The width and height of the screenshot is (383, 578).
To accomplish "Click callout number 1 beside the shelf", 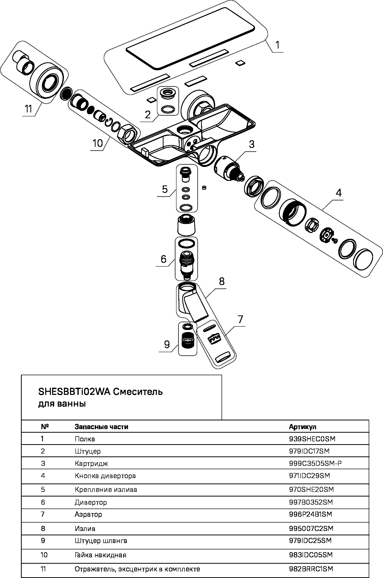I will pyautogui.click(x=277, y=45).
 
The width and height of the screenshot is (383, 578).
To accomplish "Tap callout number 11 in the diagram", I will pyautogui.click(x=28, y=109).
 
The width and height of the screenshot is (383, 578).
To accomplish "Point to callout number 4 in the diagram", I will pyautogui.click(x=338, y=193).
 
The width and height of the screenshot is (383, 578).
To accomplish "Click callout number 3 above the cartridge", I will pyautogui.click(x=252, y=144).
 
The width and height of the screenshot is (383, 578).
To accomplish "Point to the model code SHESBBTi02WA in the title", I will pyautogui.click(x=74, y=392).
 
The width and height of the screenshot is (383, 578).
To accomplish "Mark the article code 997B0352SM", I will pyautogui.click(x=311, y=502).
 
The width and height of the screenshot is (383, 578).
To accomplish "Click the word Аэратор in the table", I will pyautogui.click(x=88, y=514).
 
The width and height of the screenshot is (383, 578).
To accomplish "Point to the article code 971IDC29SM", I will pyautogui.click(x=309, y=476).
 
